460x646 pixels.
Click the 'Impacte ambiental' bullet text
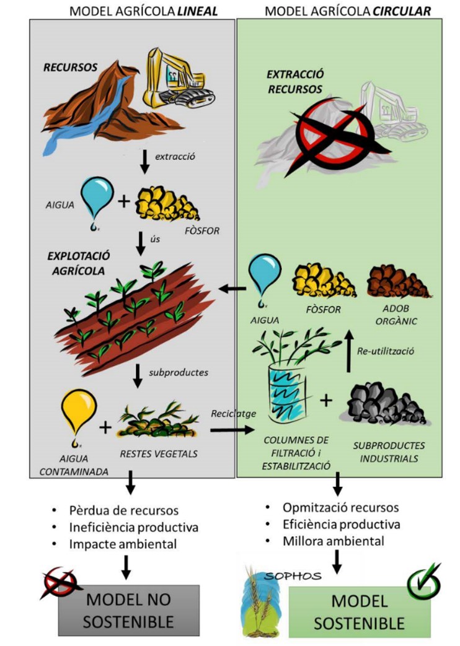coord(124,544)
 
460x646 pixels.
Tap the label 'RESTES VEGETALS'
coord(159,453)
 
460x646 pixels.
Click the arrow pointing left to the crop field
coord(232,288)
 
